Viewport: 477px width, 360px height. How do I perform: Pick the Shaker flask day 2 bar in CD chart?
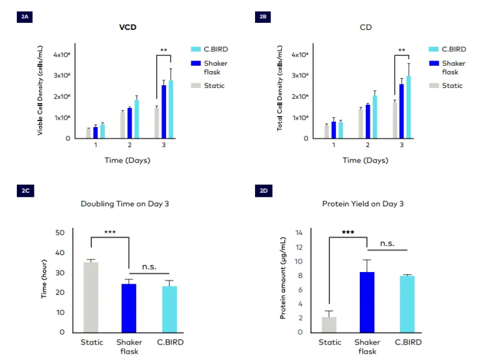point(368,122)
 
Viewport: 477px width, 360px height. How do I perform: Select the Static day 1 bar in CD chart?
point(327,132)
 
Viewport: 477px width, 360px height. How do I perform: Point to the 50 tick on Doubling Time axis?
point(61,232)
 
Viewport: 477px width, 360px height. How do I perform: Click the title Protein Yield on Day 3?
point(363,204)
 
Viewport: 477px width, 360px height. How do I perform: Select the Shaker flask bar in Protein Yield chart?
point(368,302)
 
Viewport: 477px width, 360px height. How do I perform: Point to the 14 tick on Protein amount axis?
point(299,232)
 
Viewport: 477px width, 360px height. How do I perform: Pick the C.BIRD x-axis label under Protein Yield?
point(408,342)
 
